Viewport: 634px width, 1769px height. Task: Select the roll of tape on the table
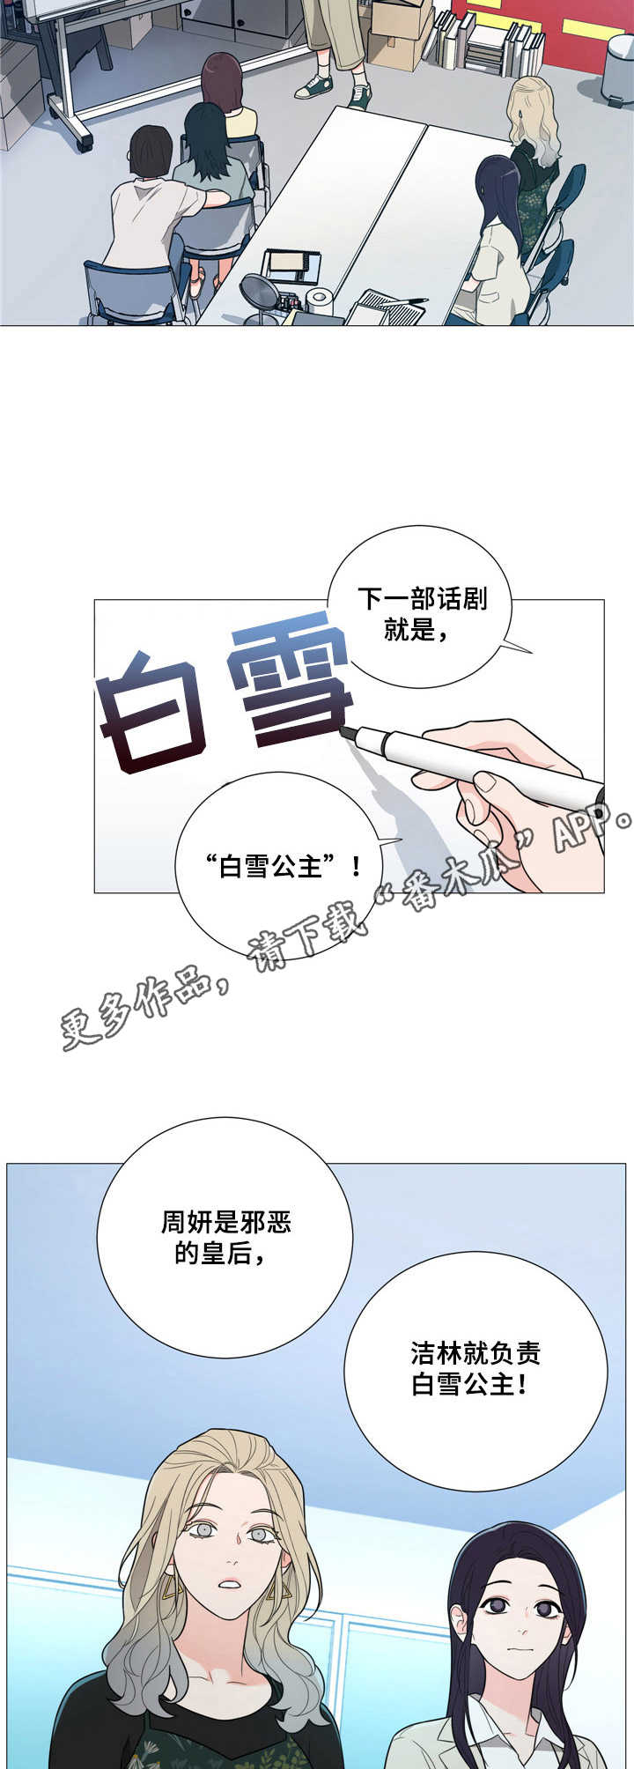pyautogui.click(x=318, y=300)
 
